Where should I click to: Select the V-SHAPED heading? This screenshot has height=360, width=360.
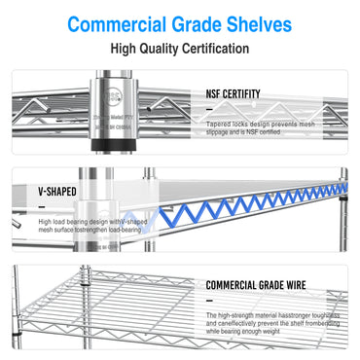point(56,193)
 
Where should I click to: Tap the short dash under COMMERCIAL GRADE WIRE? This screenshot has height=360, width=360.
point(211,301)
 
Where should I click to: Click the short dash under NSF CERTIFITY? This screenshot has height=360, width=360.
point(211,109)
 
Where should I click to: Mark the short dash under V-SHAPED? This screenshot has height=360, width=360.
point(44,207)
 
